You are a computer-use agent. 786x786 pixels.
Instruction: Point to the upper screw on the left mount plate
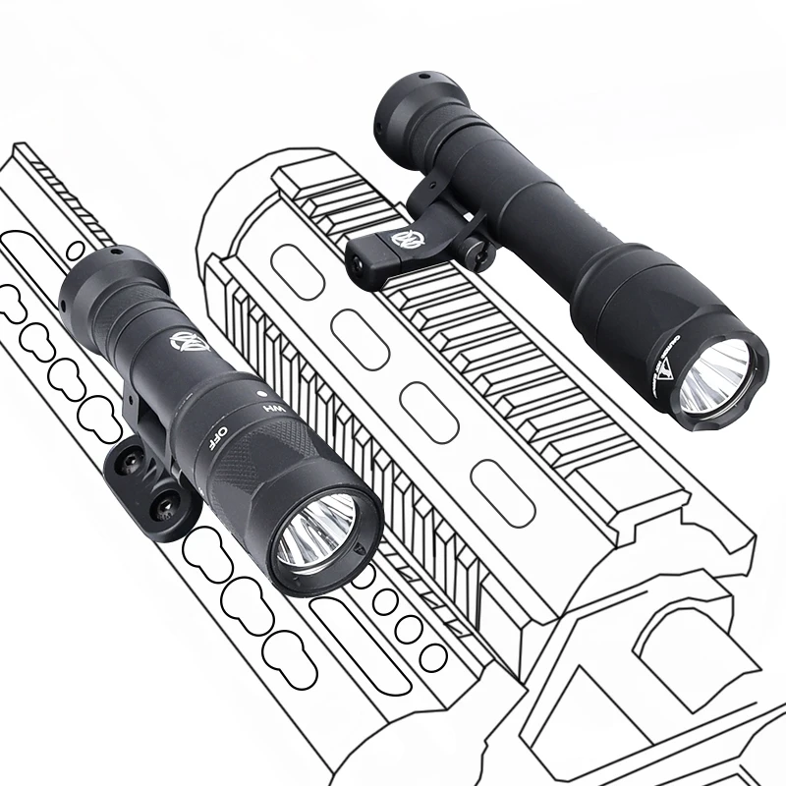pyautogui.click(x=129, y=459)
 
